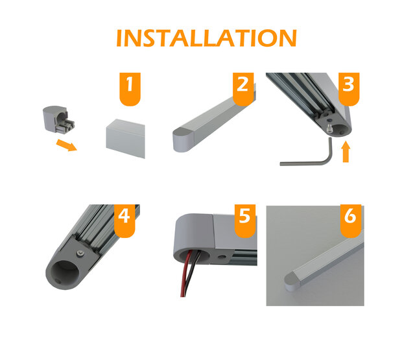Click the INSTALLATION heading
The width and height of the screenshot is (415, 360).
[x=206, y=38]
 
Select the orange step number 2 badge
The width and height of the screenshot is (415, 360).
[x=242, y=87]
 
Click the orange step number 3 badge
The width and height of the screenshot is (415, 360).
[x=348, y=87]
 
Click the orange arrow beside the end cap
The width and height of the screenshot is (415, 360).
[x=65, y=142]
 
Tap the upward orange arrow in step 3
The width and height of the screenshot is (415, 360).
[x=346, y=152]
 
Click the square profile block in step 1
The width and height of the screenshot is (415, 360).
[x=124, y=138]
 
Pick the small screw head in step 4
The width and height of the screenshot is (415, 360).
[x=78, y=252]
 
